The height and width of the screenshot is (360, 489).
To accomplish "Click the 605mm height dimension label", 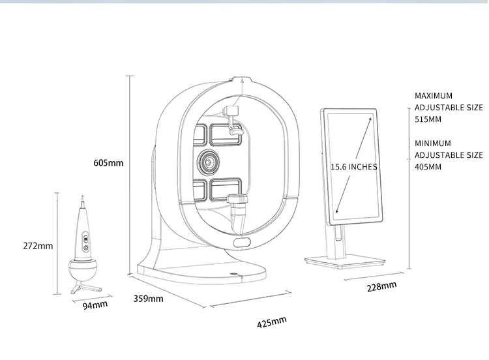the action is coord(108,163).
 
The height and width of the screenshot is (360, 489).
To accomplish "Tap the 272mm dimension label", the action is coord(38,246).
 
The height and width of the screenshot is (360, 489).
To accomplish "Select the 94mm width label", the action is coord(95,305).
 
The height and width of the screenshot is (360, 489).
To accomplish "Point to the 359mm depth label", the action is coord(148,299).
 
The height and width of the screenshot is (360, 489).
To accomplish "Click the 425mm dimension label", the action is coord(272,322).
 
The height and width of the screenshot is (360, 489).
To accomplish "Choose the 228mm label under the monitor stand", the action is coord(381,286).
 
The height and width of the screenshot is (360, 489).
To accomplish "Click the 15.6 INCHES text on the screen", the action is coord(353,167).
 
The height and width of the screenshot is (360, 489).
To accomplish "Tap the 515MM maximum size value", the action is coord(428,119).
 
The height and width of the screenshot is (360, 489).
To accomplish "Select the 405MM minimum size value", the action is coord(428,167).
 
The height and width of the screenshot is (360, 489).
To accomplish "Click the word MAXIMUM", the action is coord(434,96).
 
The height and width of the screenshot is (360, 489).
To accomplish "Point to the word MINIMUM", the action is coord(433,143).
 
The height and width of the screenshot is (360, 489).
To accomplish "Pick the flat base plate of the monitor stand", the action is coord(345,262).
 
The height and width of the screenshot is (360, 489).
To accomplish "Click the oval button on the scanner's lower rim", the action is coord(242,243).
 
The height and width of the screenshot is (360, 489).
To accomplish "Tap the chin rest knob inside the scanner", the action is coord(237,199).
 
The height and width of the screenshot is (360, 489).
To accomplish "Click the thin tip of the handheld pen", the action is coord(83,202).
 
